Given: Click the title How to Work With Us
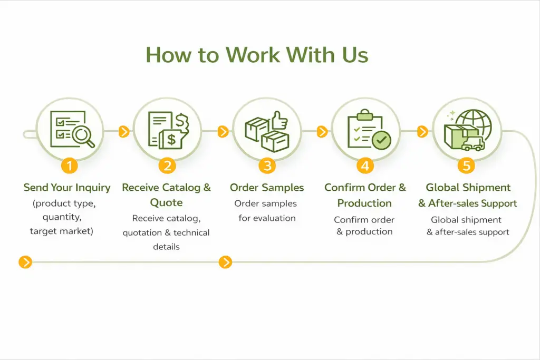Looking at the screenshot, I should [x=257, y=55].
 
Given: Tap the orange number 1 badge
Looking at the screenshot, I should [x=69, y=166].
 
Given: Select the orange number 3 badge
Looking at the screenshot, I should [x=267, y=166].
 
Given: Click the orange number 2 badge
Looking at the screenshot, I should [x=167, y=166].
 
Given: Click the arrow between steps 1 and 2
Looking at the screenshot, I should [x=124, y=131].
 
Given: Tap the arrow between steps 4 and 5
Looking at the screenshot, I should [x=422, y=131].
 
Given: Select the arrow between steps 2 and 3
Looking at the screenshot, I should [x=223, y=131].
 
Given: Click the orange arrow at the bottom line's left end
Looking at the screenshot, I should [x=25, y=261].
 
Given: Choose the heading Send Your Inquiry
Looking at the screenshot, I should [x=67, y=188].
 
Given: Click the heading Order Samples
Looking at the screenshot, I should [x=267, y=188].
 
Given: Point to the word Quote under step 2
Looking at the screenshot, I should [x=166, y=203].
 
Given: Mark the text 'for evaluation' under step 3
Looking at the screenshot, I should [x=267, y=218].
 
